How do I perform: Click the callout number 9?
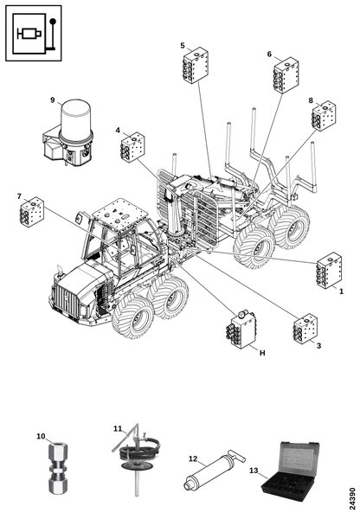52,100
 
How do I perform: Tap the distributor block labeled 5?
196,66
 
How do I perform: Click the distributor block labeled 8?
324,116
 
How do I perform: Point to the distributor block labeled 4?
132,148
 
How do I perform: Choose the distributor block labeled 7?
32,212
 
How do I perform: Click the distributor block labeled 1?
329,271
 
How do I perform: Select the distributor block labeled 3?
305,329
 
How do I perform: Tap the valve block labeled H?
241,329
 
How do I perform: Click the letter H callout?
262,353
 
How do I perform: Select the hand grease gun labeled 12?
215,469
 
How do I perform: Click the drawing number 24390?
352,498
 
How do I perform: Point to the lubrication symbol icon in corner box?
34,33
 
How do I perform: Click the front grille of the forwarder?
67,302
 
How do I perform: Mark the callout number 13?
254,471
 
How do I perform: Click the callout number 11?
118,429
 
